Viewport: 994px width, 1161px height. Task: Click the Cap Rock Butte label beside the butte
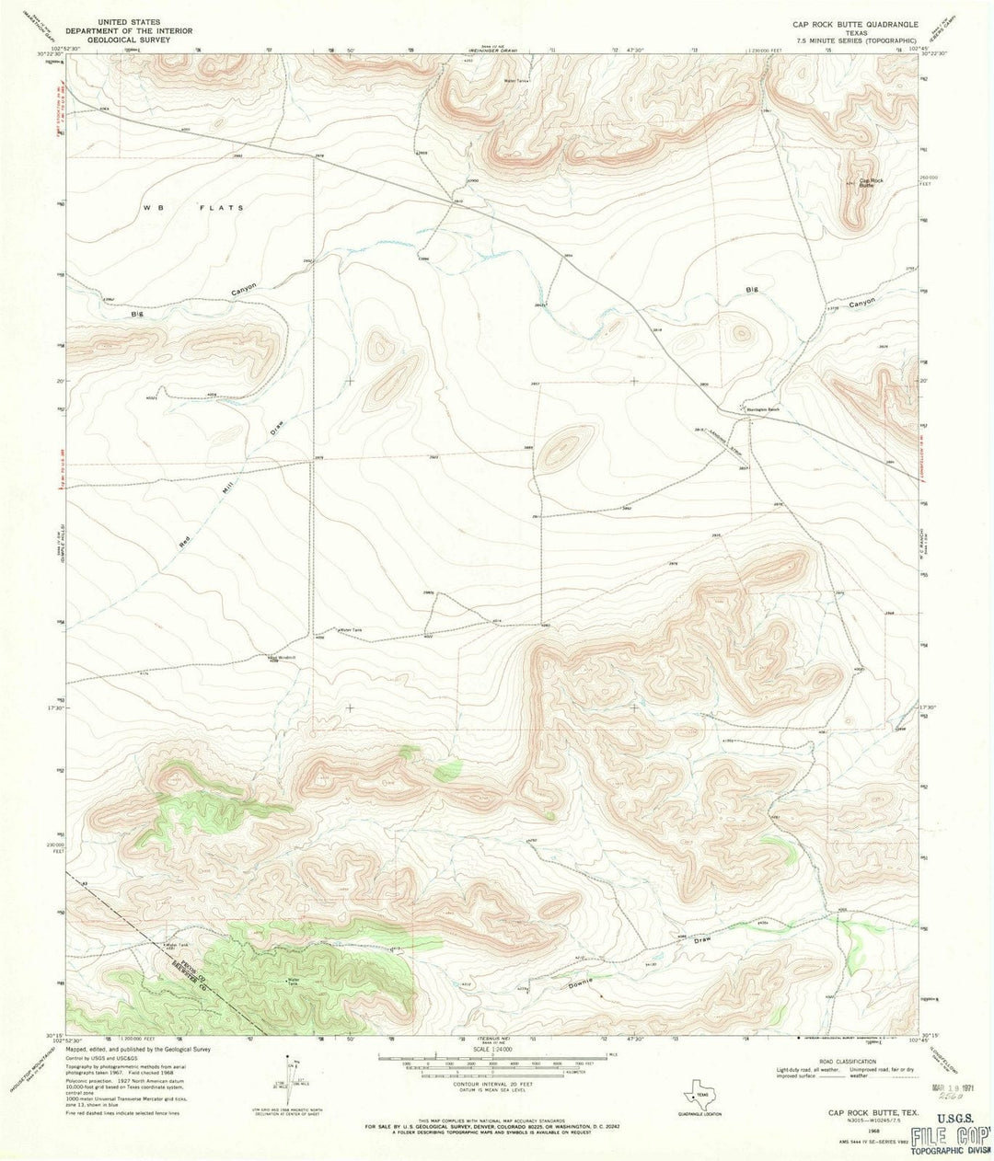871,182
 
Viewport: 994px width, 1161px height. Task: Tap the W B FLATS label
194,208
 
